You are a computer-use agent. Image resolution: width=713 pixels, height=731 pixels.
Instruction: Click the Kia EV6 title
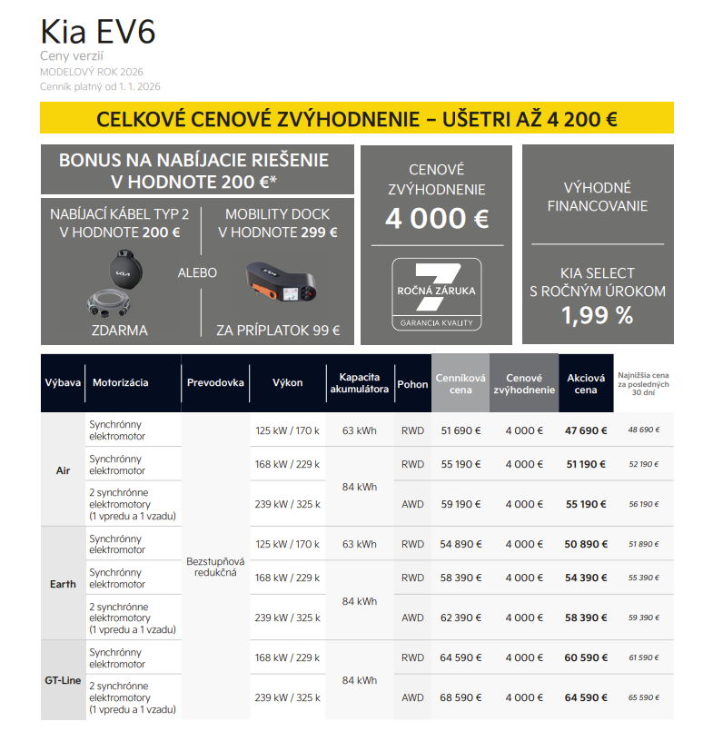coord(98,32)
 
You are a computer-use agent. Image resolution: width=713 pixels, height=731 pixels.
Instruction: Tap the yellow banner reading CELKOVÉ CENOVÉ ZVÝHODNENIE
coord(357,119)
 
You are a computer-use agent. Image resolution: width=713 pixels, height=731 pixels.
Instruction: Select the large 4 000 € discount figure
coord(437,219)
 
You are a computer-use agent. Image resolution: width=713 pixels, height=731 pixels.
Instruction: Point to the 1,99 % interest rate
coord(597,315)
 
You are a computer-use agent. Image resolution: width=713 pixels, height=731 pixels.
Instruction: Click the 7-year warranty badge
coord(437,293)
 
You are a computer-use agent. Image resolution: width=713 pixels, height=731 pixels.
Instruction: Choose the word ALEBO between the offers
coord(198,272)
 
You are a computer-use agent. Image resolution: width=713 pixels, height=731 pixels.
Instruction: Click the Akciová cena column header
coord(586,384)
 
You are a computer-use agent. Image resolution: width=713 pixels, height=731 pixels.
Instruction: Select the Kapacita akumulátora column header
coord(360,384)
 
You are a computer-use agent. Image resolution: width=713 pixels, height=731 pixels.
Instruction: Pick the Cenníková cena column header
coord(460,384)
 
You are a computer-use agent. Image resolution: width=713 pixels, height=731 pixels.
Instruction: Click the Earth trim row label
coord(63,584)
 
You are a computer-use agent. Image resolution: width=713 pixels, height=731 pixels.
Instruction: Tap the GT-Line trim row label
coord(63,680)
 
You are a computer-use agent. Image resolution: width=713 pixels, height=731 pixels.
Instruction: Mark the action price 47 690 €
coord(586,430)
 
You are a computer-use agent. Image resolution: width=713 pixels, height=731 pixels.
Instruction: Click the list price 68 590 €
coord(460,698)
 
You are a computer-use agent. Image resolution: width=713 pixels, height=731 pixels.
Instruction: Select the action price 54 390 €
coord(586,578)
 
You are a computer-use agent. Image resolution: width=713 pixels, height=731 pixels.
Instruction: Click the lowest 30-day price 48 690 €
coord(643,430)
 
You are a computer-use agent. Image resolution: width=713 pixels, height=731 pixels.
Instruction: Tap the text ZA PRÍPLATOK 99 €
coord(278,331)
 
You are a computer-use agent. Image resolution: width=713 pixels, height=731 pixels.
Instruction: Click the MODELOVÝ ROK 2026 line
coord(91,72)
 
